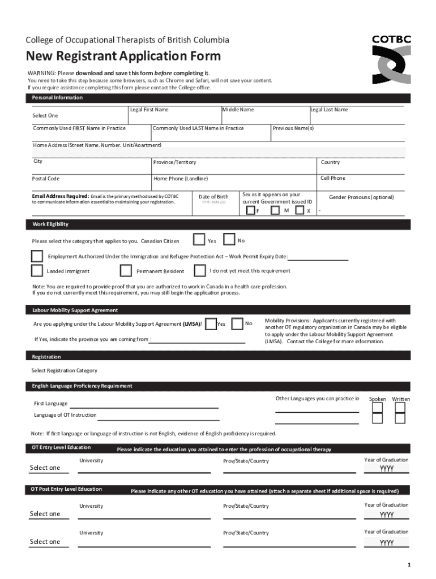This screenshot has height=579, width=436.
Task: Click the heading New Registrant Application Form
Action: (x=123, y=57)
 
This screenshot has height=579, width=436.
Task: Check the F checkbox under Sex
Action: (x=251, y=210)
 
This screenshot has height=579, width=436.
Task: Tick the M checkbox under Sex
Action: (x=275, y=210)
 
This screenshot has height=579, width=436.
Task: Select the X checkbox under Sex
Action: (x=300, y=210)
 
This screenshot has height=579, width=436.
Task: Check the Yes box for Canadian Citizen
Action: (x=199, y=240)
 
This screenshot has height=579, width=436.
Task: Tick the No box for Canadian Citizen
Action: (x=229, y=240)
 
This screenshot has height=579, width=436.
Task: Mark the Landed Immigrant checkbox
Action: (x=37, y=270)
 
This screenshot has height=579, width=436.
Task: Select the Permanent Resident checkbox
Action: (x=126, y=270)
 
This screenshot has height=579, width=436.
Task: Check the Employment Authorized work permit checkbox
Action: (x=37, y=256)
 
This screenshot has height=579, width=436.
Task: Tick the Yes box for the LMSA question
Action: (x=210, y=323)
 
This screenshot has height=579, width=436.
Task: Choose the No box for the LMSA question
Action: (x=238, y=323)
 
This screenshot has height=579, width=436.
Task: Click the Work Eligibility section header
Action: (x=50, y=224)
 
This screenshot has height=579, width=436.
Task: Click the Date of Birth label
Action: (x=213, y=197)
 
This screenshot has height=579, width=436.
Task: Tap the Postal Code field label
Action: (x=46, y=179)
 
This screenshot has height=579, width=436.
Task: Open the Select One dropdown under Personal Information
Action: (x=45, y=116)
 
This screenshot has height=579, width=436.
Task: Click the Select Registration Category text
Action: (x=64, y=371)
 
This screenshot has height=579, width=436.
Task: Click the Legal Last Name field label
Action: (x=329, y=110)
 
